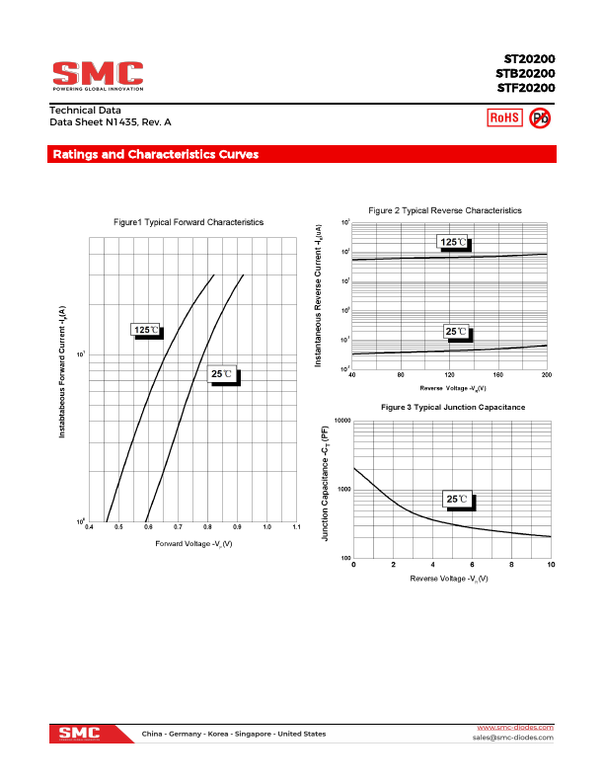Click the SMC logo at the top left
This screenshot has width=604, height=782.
98,75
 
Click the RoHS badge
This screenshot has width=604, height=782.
504,118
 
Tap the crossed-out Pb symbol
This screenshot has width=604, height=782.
540,118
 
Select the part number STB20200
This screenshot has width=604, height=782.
525,74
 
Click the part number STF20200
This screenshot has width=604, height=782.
525,88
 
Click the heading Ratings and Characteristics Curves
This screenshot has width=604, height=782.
156,155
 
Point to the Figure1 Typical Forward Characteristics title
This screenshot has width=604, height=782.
189,222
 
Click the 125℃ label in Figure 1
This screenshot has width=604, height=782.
145,330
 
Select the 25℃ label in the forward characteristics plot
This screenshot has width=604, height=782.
223,374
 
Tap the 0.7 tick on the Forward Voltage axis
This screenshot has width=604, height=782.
178,528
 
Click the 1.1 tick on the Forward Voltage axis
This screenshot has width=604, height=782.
297,528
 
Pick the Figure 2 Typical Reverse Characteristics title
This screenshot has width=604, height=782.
445,210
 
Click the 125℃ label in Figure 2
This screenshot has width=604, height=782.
453,242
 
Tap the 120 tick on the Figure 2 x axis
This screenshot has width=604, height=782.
449,375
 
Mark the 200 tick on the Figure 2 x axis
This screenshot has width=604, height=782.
547,375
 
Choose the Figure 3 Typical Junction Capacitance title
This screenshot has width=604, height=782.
453,407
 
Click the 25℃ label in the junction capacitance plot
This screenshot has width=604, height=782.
457,500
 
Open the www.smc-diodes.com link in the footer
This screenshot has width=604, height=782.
514,728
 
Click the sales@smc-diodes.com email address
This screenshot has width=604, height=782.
512,738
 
